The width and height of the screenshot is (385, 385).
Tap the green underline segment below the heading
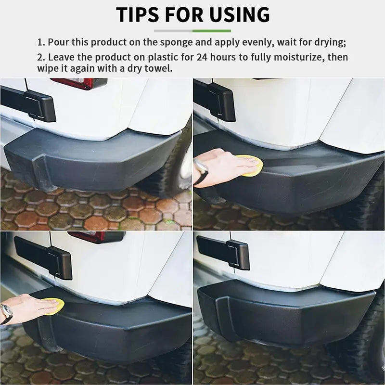212,31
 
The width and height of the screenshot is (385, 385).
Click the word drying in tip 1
328,42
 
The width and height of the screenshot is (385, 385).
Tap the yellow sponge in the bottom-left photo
54,306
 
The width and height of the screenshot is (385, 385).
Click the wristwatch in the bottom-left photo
6,313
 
